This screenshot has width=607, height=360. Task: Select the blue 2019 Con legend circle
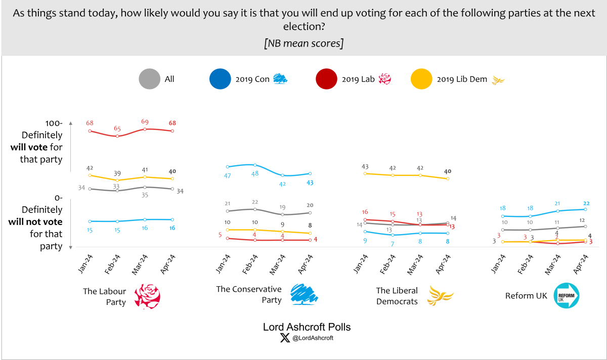(x=220, y=79)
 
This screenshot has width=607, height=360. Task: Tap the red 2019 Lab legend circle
(x=327, y=79)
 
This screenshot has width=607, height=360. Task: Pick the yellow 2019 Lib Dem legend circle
(x=421, y=79)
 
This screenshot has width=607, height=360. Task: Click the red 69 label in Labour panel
(x=145, y=122)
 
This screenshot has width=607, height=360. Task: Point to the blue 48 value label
(x=255, y=173)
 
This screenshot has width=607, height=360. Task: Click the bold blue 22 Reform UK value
(x=586, y=203)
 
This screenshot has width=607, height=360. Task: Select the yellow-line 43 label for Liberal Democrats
(x=365, y=166)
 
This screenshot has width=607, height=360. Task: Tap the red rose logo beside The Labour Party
(x=147, y=296)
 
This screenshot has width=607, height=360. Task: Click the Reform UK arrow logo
(x=567, y=296)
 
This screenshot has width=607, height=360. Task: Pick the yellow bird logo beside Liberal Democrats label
(x=438, y=296)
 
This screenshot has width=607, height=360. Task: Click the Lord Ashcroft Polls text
(x=307, y=327)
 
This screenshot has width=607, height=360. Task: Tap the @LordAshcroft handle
(x=313, y=338)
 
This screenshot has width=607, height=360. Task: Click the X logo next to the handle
(x=285, y=338)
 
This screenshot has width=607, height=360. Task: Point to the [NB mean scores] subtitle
(x=303, y=43)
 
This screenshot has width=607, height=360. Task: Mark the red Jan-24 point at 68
(x=90, y=131)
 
